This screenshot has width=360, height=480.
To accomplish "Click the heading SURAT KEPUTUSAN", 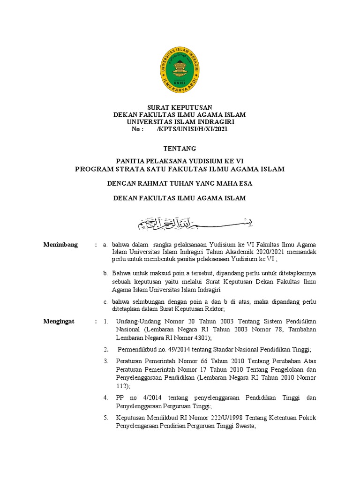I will click(x=180, y=108).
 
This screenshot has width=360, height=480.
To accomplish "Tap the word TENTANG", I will click(x=180, y=149).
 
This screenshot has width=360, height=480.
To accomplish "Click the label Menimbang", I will click(x=60, y=245).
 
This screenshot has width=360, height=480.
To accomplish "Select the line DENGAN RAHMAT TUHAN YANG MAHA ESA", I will click(x=180, y=183).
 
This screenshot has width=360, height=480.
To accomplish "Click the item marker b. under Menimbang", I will click(x=106, y=273).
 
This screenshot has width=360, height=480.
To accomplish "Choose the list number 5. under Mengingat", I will click(x=106, y=418).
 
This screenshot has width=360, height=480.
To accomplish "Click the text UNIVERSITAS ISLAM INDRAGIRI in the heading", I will click(x=180, y=122).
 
